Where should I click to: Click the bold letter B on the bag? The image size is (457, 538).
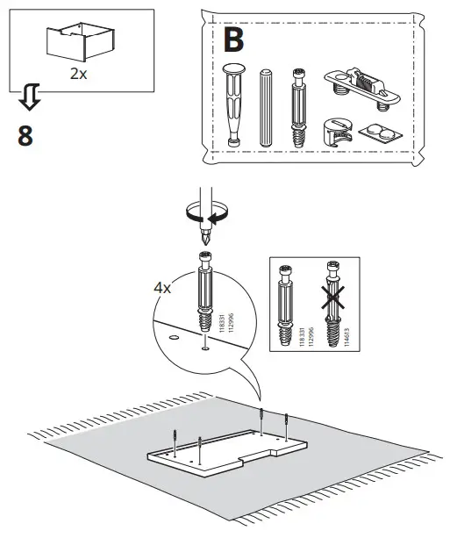click(234, 39)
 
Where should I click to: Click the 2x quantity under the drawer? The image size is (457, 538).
click(78, 74)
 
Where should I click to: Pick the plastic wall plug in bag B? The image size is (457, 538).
click(235, 103)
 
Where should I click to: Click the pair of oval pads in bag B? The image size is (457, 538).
click(377, 132)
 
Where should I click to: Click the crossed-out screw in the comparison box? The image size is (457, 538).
click(332, 304)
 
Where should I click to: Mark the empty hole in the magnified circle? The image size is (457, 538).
click(173, 335)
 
